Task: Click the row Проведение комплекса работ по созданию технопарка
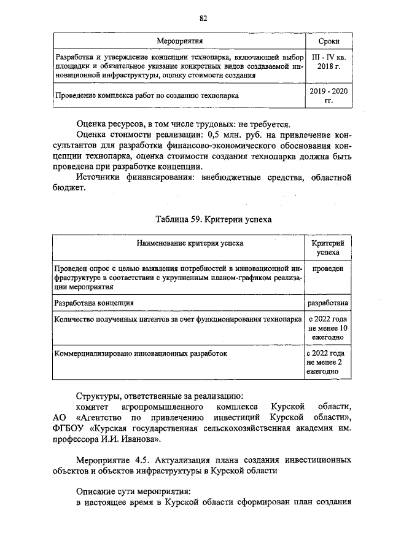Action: pos(147,96)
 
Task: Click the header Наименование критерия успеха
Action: pos(177,243)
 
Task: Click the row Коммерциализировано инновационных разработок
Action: pos(141,354)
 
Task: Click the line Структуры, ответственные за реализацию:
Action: pos(160,395)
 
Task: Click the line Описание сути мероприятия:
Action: pos(133,491)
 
